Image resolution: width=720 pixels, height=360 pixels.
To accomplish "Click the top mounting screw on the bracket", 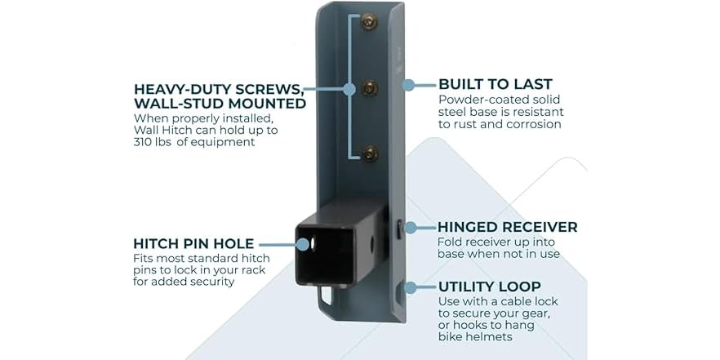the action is click(369, 21).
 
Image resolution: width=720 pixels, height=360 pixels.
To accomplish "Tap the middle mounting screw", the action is click(370, 87).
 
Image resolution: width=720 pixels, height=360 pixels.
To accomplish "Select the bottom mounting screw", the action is click(370, 153).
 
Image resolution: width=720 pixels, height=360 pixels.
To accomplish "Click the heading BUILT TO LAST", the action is click(495, 85).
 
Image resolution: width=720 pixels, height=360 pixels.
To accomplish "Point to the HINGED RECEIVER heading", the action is click(508, 227).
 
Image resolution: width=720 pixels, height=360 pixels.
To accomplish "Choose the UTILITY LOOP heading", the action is click(490, 287).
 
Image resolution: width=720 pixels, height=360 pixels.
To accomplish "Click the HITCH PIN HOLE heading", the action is click(193, 243).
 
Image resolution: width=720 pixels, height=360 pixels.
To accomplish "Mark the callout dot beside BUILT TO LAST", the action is click(408, 85).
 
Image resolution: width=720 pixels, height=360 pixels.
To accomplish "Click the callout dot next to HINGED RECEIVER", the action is click(410, 227).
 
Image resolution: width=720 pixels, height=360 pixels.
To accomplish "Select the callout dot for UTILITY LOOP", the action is click(410, 287).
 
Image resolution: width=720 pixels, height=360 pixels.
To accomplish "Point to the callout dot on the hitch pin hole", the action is click(303, 245).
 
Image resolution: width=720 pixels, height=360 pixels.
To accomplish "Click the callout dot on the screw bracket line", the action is click(349, 89).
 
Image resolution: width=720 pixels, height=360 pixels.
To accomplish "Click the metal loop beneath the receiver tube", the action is click(325, 295).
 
